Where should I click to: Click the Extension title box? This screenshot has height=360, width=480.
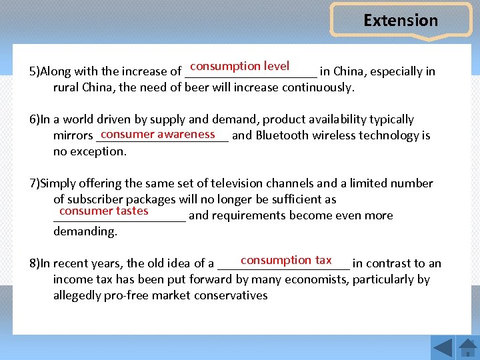click(x=401, y=21)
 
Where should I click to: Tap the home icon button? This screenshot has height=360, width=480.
click(x=467, y=347)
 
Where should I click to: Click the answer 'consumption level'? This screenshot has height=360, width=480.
click(x=239, y=66)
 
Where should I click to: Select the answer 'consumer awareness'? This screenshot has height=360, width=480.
click(x=158, y=134)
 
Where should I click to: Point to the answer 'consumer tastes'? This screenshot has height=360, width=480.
click(x=103, y=211)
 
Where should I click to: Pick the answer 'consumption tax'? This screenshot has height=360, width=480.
click(x=286, y=260)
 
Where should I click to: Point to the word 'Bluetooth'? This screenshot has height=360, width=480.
click(x=282, y=135)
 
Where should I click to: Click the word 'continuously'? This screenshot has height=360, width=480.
click(x=318, y=87)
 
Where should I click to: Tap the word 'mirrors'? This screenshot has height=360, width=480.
click(x=73, y=136)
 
